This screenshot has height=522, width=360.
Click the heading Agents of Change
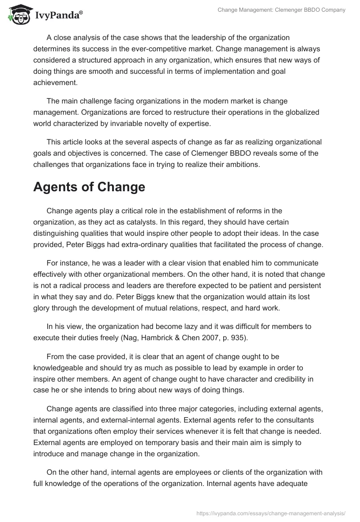89,187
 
